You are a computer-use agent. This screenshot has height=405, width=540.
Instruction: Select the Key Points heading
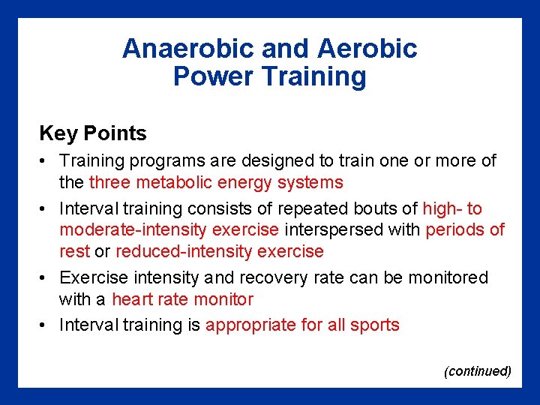pos(93,133)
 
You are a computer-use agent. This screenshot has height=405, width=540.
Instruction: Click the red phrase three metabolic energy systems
pos(216,182)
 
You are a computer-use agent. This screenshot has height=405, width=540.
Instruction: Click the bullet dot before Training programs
pos(46,161)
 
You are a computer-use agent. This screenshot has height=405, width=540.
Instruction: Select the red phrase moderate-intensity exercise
pos(169,229)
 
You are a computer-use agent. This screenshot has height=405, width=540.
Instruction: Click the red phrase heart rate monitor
pos(182,300)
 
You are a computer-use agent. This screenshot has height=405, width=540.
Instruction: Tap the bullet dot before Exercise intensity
pos(46,278)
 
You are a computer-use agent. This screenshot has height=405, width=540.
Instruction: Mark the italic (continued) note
pos(478,370)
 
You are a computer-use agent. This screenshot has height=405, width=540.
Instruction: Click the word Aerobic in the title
pos(367,49)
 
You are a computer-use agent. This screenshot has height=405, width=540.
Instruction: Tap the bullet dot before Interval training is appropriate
pos(46,325)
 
